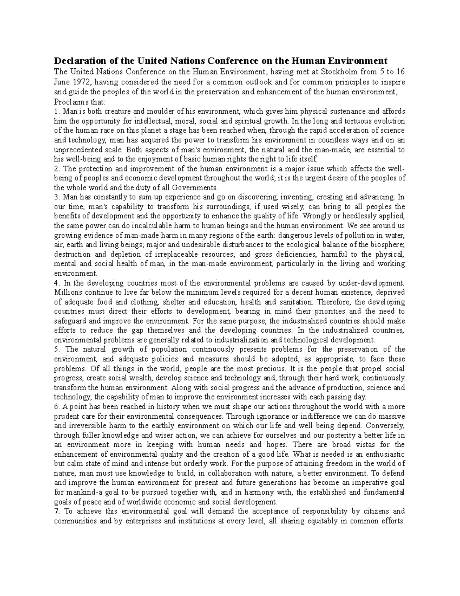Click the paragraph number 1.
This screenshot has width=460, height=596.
click(x=56, y=112)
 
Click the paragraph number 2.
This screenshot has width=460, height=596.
click(x=56, y=169)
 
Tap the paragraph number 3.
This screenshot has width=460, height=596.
click(x=56, y=197)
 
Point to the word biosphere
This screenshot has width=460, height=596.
click(x=388, y=245)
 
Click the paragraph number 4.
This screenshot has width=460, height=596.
click(x=56, y=283)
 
